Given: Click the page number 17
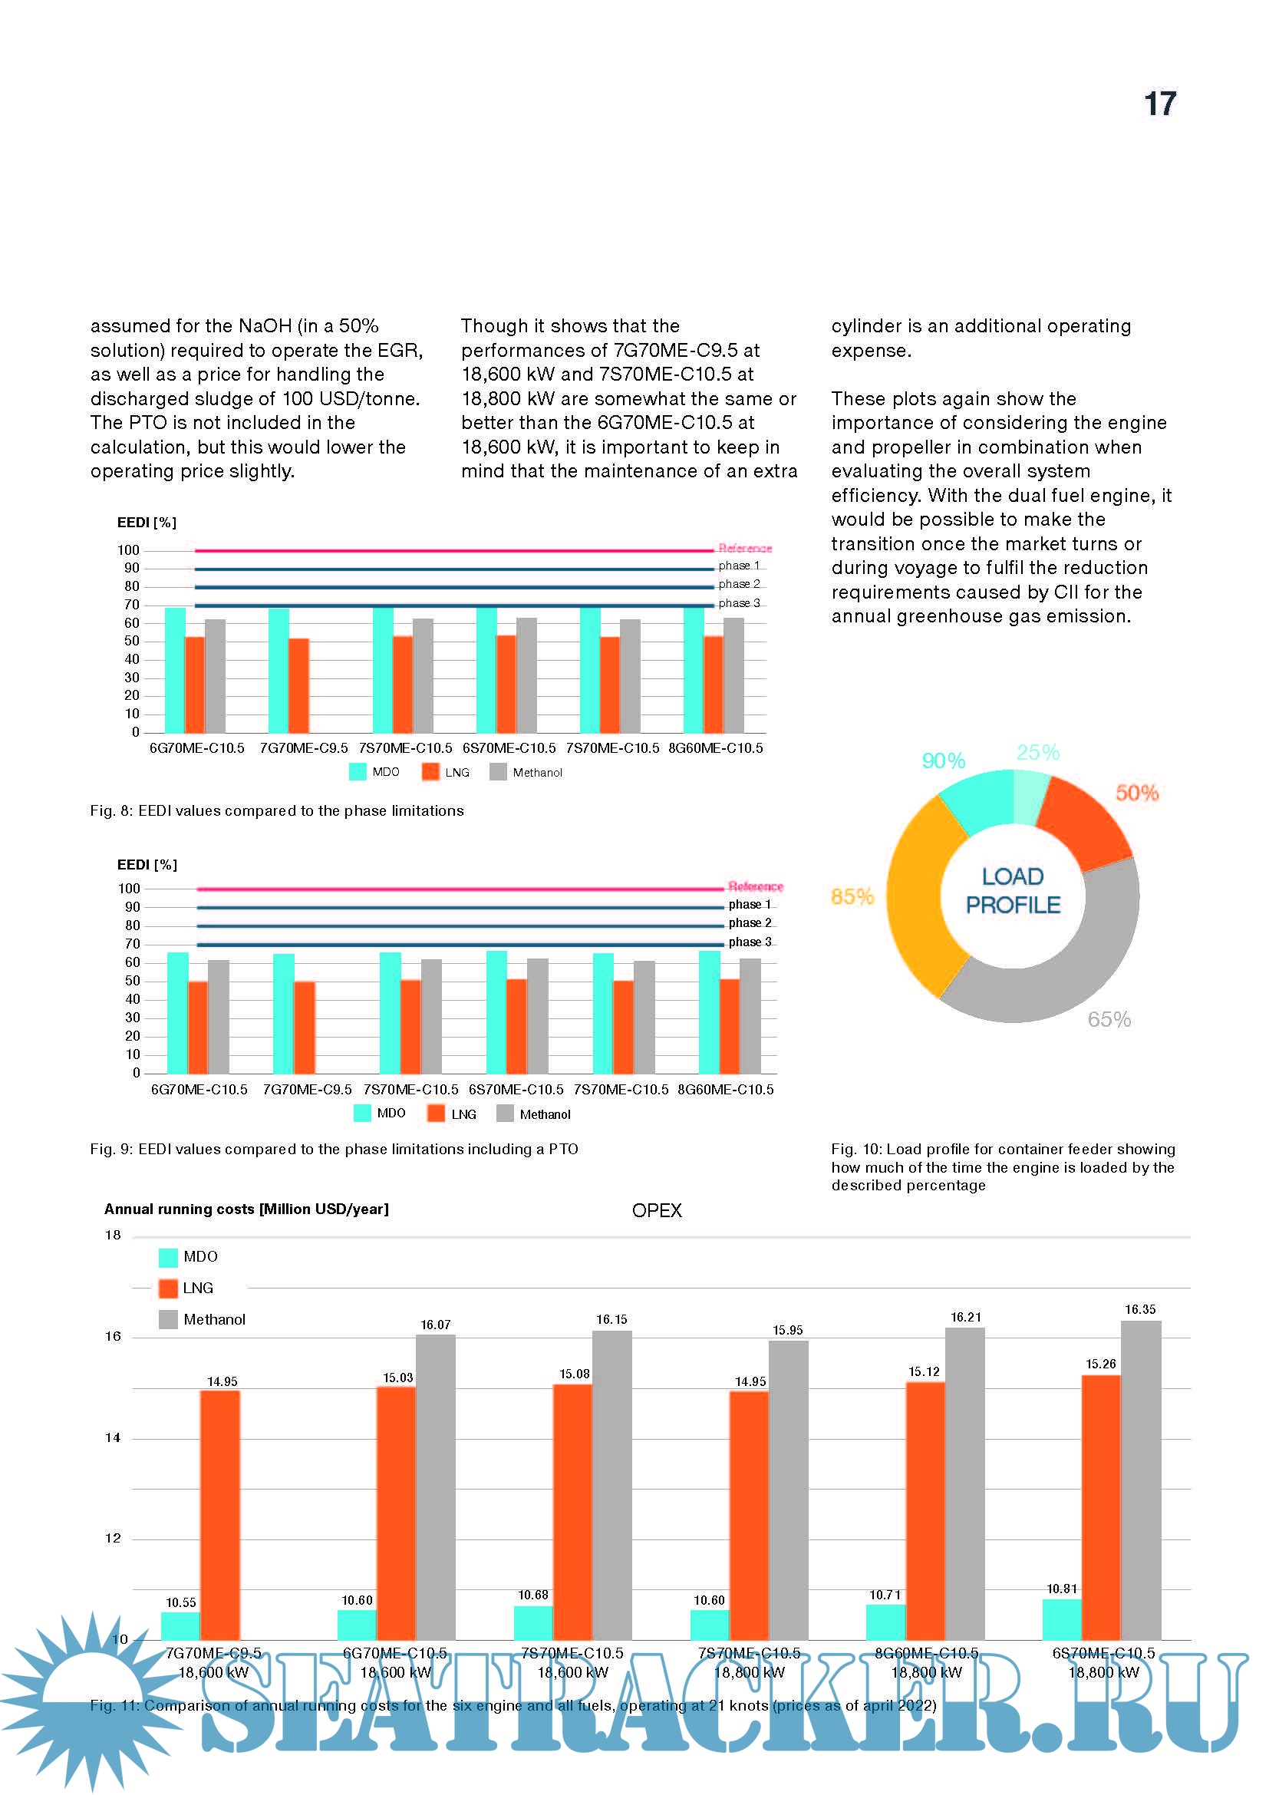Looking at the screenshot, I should (x=1159, y=104).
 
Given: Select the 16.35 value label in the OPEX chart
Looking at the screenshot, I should (x=1140, y=1309).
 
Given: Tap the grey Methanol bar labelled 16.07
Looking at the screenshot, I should (x=435, y=1486).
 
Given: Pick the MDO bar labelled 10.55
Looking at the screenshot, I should (x=180, y=1625).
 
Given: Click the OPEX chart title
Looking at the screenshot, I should (x=657, y=1210).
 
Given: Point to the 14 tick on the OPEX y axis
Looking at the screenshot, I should (x=113, y=1437).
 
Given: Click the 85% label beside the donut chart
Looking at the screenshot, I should (x=852, y=896).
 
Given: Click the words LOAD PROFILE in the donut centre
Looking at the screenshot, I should (x=1013, y=890).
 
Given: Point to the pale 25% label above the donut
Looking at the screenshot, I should (x=1038, y=752).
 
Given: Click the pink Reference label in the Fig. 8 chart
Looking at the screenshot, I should (x=745, y=548).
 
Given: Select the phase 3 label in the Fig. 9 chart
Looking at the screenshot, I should (x=750, y=942).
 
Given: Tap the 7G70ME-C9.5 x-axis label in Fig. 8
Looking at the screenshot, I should (x=304, y=748).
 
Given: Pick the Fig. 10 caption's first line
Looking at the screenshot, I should (x=1003, y=1150).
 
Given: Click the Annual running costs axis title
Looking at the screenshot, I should (x=246, y=1209).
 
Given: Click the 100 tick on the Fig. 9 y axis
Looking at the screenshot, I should (x=129, y=889).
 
